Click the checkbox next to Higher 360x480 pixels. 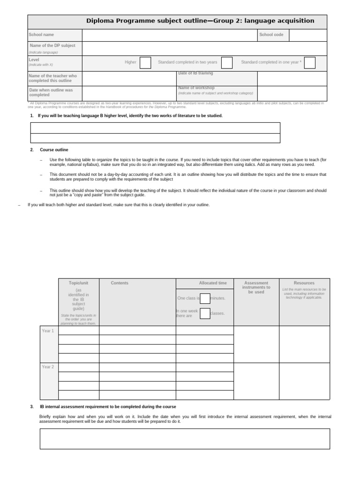pos(145,62)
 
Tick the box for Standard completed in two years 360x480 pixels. pos(227,62)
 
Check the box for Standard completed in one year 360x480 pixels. pos(310,62)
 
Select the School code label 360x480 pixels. pos(271,35)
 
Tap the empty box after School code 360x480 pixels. pos(308,35)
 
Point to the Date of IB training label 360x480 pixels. pos(195,73)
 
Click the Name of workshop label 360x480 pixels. pos(196,88)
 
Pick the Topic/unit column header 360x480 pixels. pos(78,283)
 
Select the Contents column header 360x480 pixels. pos(120,283)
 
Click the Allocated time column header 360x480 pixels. pos(212,283)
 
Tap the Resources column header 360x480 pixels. pos(304,283)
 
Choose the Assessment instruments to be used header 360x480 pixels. pos(256,287)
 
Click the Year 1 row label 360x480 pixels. pos(48,331)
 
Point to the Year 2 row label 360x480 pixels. pos(48,367)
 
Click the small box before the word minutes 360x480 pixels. pos(205,298)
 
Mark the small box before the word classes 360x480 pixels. pos(205,313)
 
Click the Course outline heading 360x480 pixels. pos(54,150)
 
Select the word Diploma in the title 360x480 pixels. pos(101,21)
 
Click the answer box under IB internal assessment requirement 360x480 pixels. pos(185,439)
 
